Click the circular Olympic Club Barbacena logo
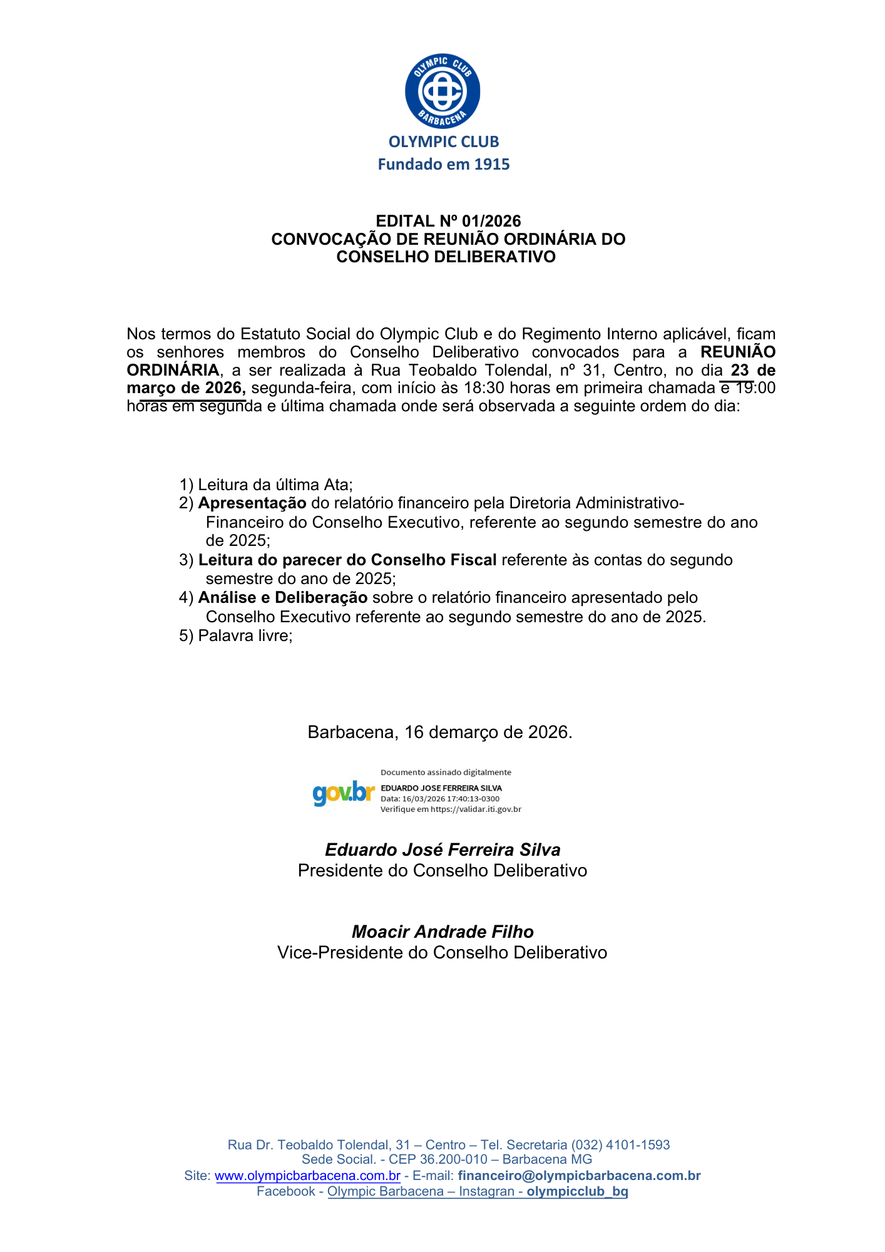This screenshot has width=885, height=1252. click(442, 91)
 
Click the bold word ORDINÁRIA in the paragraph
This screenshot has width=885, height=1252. click(173, 370)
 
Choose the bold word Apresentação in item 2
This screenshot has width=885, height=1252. click(252, 503)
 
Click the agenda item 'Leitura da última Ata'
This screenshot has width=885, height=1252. click(275, 485)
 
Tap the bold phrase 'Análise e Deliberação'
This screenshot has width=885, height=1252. click(282, 598)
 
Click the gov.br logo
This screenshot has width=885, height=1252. click(344, 793)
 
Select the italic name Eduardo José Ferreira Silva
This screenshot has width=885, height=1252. click(442, 849)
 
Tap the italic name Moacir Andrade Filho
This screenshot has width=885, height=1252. click(442, 932)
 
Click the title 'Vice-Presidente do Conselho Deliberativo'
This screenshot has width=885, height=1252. click(442, 953)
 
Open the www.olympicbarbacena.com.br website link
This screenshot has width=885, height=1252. click(307, 1176)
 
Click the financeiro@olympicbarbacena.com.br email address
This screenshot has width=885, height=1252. click(579, 1176)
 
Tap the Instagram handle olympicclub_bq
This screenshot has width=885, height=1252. click(577, 1191)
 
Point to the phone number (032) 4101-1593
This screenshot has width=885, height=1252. click(620, 1145)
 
